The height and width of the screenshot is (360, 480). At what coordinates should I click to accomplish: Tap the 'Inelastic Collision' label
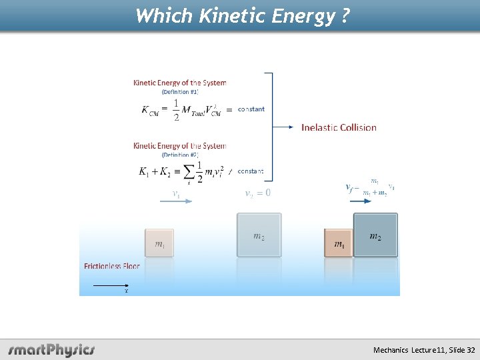(339, 127)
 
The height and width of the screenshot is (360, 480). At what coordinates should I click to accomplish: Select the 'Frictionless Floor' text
(112, 266)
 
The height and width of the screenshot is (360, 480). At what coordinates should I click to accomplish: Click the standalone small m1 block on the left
(159, 243)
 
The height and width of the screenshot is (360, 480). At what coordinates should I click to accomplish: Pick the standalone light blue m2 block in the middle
(259, 235)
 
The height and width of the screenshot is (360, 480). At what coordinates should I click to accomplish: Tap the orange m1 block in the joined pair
(339, 243)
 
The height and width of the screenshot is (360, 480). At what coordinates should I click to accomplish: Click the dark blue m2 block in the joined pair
(375, 235)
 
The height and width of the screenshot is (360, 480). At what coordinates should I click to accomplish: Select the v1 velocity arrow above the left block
(176, 201)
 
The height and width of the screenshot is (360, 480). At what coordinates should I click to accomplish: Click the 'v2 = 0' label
(258, 193)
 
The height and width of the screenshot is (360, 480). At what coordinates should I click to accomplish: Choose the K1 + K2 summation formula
(180, 172)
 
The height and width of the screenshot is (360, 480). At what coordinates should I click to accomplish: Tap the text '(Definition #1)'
(180, 92)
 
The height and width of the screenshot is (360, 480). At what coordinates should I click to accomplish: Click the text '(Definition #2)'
(180, 155)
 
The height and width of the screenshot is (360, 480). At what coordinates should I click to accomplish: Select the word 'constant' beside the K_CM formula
(251, 109)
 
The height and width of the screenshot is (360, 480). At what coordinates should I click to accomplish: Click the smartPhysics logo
(51, 350)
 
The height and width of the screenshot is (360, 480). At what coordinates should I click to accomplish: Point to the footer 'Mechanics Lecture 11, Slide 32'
(424, 350)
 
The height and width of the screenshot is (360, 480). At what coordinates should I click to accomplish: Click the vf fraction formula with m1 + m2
(371, 187)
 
